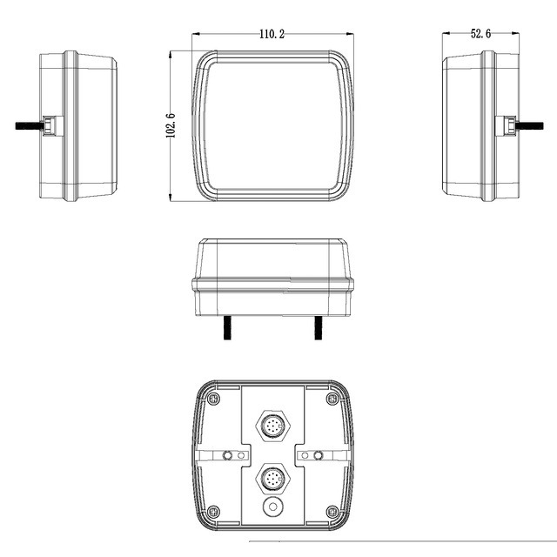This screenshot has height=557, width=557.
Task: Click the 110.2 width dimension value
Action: (x=272, y=34)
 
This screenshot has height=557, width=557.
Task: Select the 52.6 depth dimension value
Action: (x=480, y=34)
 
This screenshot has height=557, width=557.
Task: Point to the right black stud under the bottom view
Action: (x=318, y=328)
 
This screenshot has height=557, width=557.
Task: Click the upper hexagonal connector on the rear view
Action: (x=272, y=426)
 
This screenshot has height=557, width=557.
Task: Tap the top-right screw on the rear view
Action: (x=331, y=399)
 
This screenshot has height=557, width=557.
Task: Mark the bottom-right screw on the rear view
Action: (x=331, y=511)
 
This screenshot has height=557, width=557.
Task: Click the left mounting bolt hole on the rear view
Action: (x=228, y=455)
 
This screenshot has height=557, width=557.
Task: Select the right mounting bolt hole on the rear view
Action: (x=318, y=455)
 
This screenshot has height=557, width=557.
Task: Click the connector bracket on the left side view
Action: (x=53, y=125)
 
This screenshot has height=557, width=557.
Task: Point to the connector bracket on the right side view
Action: (x=504, y=125)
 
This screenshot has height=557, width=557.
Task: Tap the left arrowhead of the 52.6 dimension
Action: (x=446, y=34)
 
